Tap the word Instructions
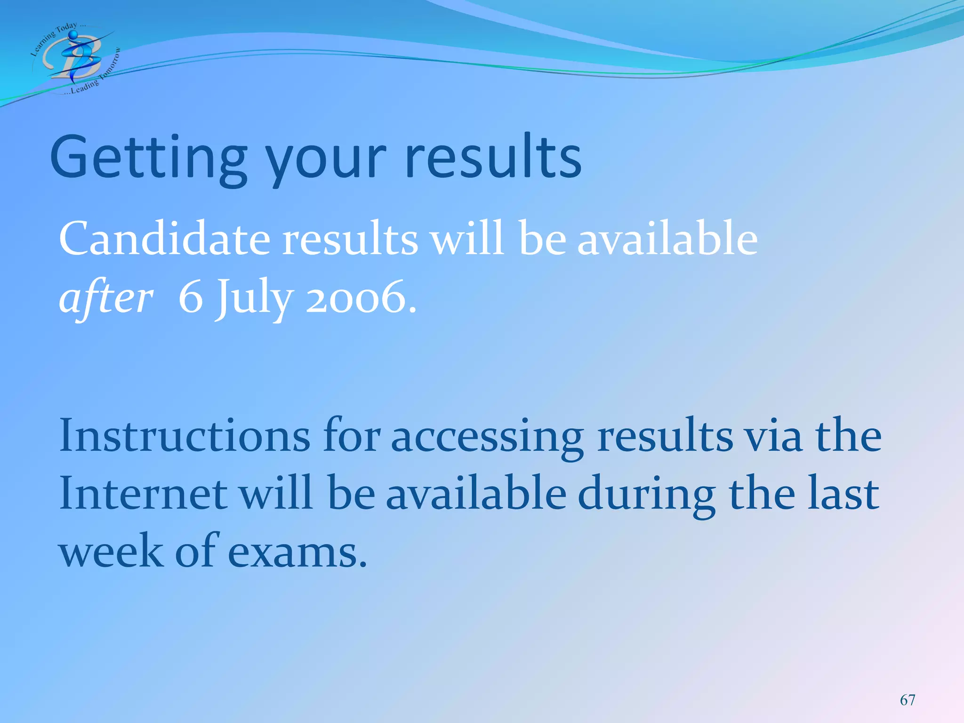[x=184, y=435]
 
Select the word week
[x=111, y=551]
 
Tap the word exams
[x=297, y=551]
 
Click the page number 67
[x=908, y=700]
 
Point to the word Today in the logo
[x=66, y=29]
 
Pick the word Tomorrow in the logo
[x=111, y=64]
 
